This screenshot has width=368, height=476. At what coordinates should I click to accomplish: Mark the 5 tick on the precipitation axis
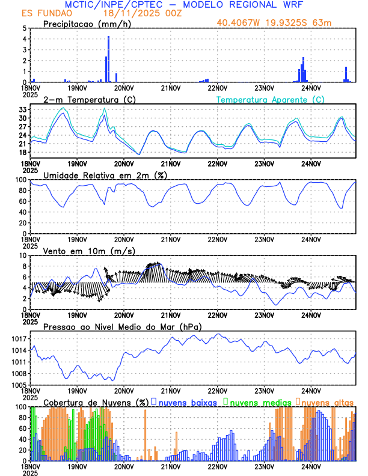point(24,28)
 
